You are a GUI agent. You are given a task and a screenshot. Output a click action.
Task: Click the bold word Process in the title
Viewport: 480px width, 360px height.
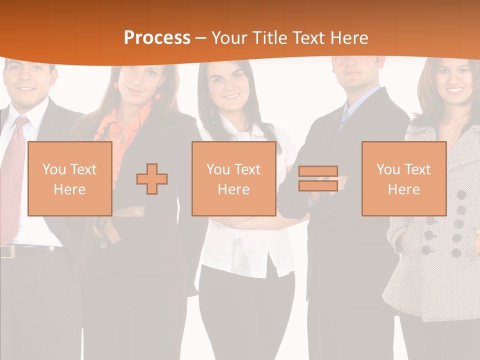tap(157, 37)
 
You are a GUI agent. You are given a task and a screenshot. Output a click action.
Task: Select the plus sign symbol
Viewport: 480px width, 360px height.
tap(152, 179)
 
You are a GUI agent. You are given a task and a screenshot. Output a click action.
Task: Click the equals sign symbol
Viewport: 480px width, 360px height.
tap(318, 179)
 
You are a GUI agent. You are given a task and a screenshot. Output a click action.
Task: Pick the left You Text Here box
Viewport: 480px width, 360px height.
tap(69, 178)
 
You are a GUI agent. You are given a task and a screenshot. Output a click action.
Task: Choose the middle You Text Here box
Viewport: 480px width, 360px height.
tap(233, 178)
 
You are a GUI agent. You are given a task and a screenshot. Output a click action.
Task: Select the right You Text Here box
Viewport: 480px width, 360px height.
tap(403, 178)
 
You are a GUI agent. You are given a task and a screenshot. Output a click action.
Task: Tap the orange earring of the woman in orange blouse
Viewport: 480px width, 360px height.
tap(158, 95)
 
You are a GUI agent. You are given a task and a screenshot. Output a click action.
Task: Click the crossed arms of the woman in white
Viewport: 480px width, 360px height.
tap(240, 220)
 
